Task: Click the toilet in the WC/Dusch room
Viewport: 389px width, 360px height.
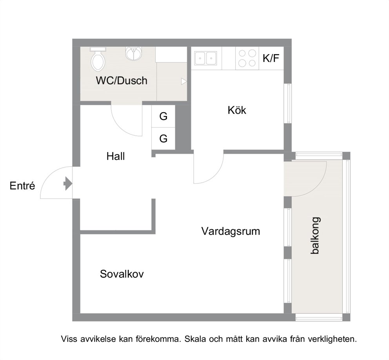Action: coord(98,59)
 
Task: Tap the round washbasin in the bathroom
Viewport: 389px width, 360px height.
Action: coord(134,54)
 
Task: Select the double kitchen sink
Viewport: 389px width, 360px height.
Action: coord(205,58)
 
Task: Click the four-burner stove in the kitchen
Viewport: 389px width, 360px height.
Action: coord(247,58)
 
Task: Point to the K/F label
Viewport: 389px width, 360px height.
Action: coord(271,58)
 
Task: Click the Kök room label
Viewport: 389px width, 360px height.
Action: coord(237,110)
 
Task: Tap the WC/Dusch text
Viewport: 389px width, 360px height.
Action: coord(122,81)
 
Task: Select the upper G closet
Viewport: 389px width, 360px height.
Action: coord(164,116)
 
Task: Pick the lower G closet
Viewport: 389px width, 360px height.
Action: coord(164,138)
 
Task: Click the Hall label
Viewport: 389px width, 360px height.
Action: coord(115,156)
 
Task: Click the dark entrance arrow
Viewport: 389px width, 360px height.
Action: coord(68,184)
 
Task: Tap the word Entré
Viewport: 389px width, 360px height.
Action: coord(22,185)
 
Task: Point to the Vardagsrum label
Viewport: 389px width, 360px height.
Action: coord(231,231)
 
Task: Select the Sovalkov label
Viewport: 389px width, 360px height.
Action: coord(122,274)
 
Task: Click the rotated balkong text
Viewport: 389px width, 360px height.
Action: coord(315,236)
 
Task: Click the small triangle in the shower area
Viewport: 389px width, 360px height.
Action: coord(184,82)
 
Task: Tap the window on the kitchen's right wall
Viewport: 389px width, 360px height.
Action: coord(288,103)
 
